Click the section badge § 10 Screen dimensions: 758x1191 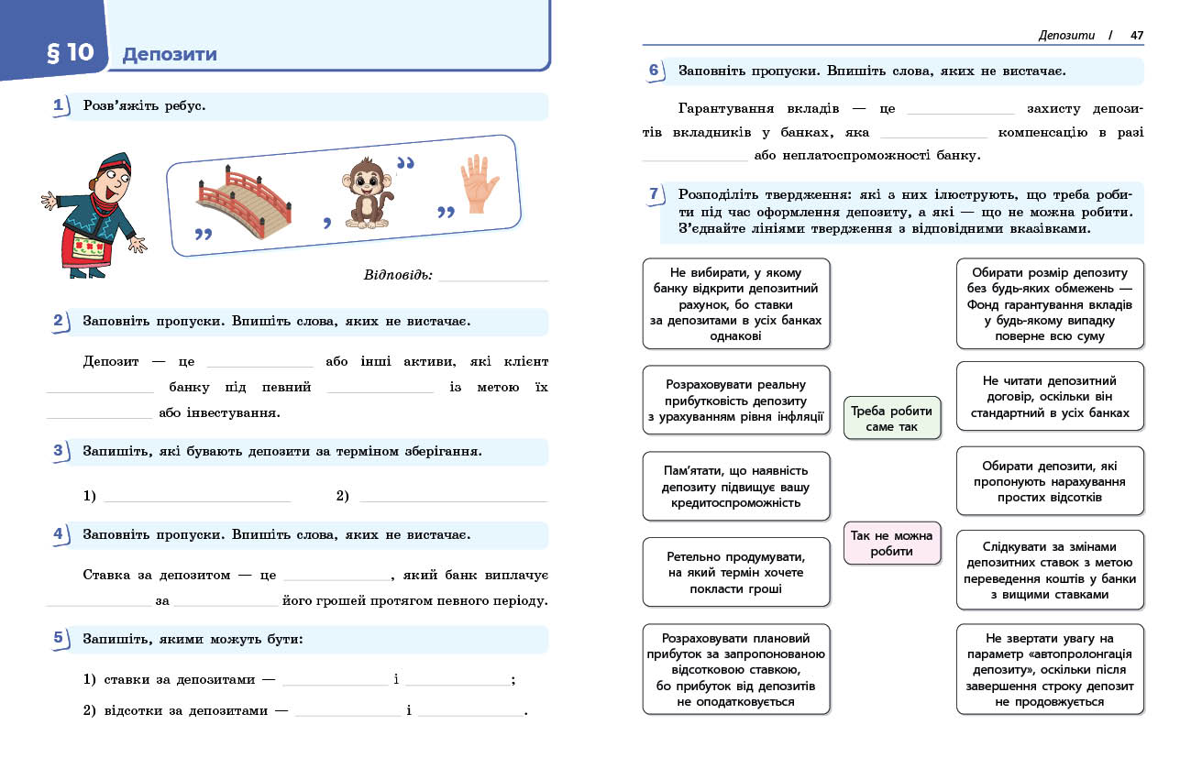tap(70, 53)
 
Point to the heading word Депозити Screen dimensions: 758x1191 tap(170, 54)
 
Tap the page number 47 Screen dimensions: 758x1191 tap(1137, 36)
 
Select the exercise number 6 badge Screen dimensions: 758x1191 tap(654, 71)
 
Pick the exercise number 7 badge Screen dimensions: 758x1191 tap(654, 194)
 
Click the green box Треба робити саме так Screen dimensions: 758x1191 tap(891, 419)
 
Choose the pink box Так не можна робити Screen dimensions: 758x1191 tap(891, 544)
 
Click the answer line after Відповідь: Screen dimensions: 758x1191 tap(493, 277)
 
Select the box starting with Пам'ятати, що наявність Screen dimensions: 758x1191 tap(735, 486)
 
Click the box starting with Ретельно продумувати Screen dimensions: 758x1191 tap(735, 572)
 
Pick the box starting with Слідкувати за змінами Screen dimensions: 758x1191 tap(1050, 570)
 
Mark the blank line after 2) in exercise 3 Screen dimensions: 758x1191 tap(453, 498)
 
